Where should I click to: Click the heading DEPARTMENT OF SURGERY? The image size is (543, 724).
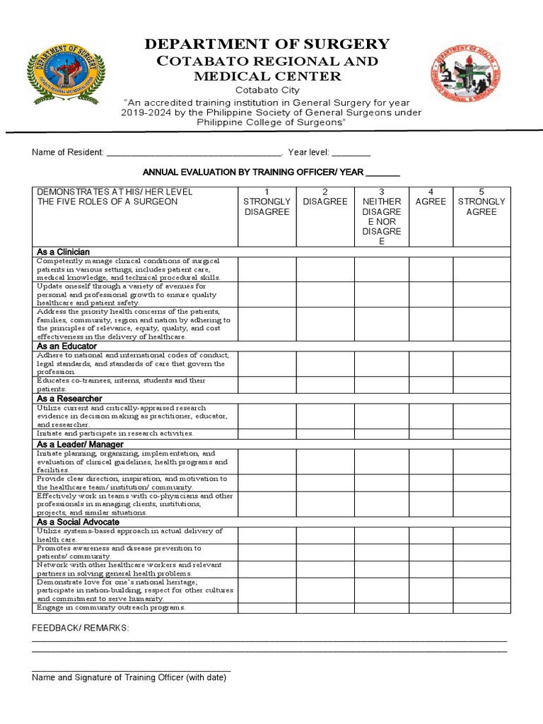click(267, 45)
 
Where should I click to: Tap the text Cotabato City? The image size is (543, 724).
click(267, 90)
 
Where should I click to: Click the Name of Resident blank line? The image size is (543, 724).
click(194, 153)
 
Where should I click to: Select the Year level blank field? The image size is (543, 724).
click(351, 153)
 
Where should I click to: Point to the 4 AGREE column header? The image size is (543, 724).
click(431, 197)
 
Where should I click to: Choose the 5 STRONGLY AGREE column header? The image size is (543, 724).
click(481, 202)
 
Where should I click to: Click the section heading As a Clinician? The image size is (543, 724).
click(63, 252)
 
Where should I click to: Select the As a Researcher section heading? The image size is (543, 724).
click(69, 399)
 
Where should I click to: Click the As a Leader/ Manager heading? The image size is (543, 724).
click(80, 444)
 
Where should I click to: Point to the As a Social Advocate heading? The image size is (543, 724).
click(78, 522)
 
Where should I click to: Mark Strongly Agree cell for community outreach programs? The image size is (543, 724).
click(481, 608)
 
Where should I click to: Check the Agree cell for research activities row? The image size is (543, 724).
click(431, 433)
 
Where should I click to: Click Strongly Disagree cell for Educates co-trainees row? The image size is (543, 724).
click(267, 385)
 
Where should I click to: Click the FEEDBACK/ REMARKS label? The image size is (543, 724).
click(80, 629)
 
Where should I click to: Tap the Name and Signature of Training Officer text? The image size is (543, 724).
click(129, 677)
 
